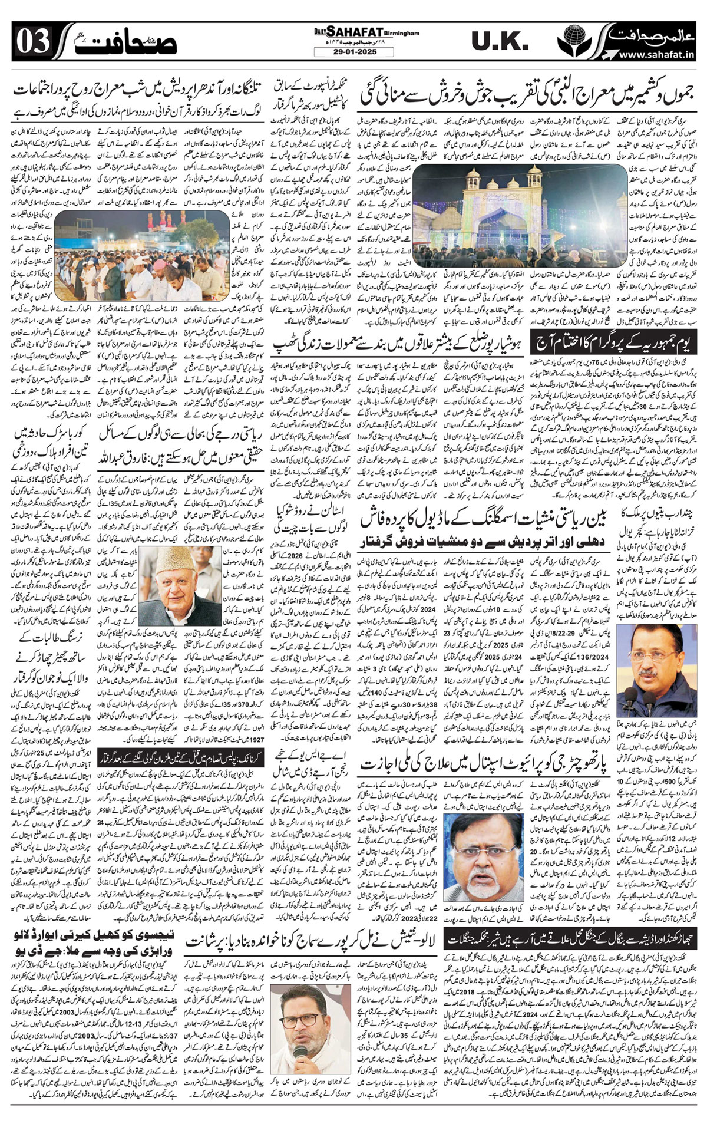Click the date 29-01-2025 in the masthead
point(353,52)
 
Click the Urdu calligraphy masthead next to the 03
point(103,42)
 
